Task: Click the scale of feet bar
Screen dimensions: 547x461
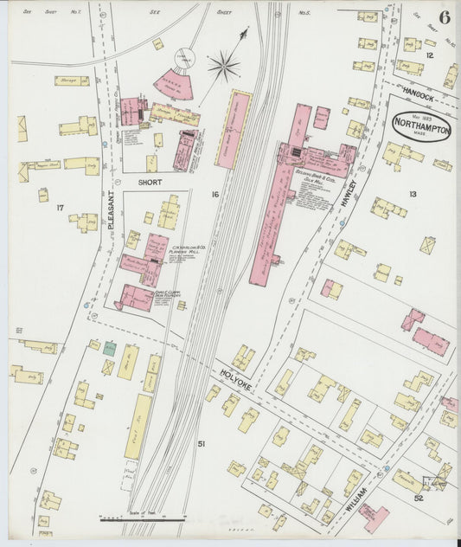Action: pos(143,519)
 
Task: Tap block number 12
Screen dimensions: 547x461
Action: pos(428,55)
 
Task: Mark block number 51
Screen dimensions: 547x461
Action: pos(201,444)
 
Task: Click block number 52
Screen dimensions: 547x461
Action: pos(418,498)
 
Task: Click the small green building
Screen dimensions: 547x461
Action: pos(110,348)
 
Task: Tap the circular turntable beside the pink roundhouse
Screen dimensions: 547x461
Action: pos(185,56)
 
